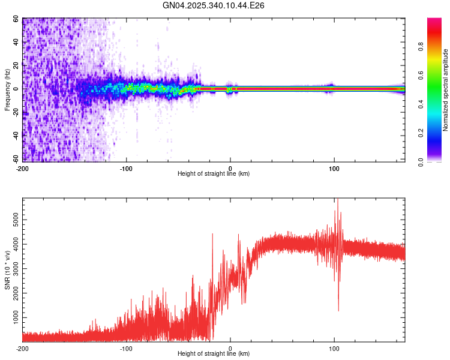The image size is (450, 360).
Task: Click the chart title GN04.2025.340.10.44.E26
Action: click(x=214, y=5)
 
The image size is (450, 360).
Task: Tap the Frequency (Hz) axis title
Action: click(x=7, y=91)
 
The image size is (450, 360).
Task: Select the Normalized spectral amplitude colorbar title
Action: click(x=445, y=91)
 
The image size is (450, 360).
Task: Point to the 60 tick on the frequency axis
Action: click(x=17, y=19)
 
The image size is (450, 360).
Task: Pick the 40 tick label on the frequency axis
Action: click(x=17, y=43)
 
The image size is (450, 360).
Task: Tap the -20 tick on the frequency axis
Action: click(x=16, y=112)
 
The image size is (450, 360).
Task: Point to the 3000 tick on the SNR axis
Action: click(x=13, y=268)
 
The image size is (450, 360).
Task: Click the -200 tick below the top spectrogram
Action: click(x=23, y=168)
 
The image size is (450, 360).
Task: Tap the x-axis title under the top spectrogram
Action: click(x=214, y=174)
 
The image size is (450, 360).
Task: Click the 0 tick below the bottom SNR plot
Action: click(x=230, y=348)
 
